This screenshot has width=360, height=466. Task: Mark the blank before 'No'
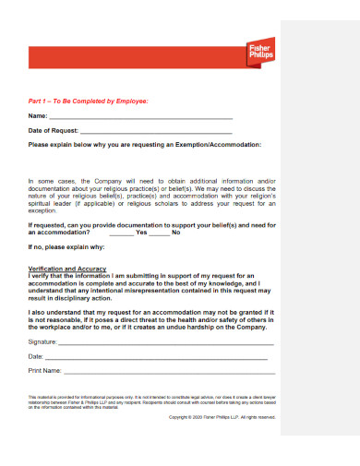159,233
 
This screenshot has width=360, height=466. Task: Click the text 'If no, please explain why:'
66,247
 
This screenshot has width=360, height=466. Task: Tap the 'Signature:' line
166,341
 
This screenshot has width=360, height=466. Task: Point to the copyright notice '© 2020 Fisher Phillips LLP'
222,416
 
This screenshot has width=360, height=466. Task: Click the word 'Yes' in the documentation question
141,233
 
